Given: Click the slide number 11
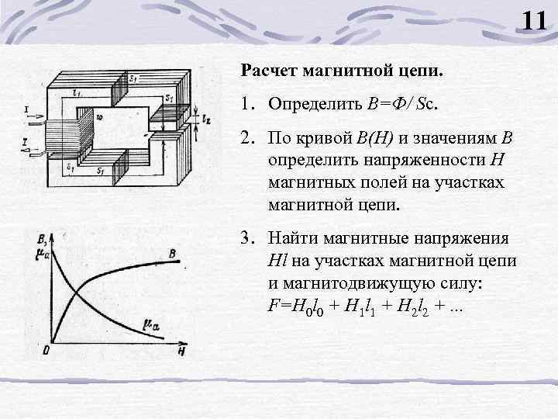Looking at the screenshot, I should (534, 19).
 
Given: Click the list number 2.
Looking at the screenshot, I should (246, 138).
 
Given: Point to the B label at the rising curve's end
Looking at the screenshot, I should (172, 254).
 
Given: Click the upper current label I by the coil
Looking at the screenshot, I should (28, 109).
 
